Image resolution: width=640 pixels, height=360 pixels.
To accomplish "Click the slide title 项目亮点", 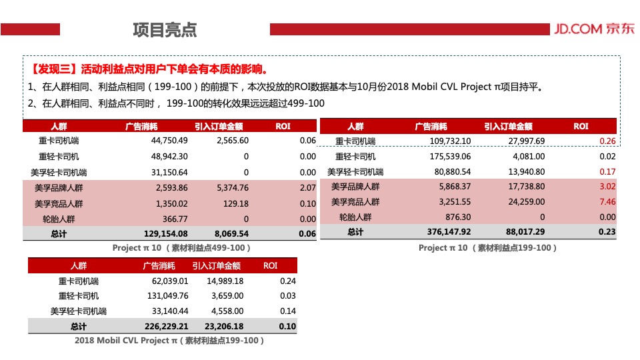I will [165, 30].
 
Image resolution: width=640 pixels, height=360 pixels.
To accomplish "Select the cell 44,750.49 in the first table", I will [170, 141].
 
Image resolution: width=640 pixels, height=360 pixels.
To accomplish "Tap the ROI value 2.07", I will [307, 188].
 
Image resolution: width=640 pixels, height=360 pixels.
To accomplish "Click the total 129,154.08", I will [166, 234].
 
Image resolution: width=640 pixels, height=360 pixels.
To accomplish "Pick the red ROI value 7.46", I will [607, 202].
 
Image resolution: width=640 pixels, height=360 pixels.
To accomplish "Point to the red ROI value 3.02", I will [607, 187].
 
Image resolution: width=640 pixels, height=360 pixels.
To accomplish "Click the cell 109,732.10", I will [451, 141].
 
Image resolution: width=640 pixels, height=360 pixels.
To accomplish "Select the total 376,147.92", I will [449, 232].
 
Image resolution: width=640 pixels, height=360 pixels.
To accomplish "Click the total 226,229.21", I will [166, 327].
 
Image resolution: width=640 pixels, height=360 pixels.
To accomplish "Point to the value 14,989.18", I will [225, 281].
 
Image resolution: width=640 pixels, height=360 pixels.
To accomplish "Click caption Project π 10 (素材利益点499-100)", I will [181, 248].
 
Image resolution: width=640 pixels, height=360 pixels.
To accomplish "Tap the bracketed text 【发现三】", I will [53, 69].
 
